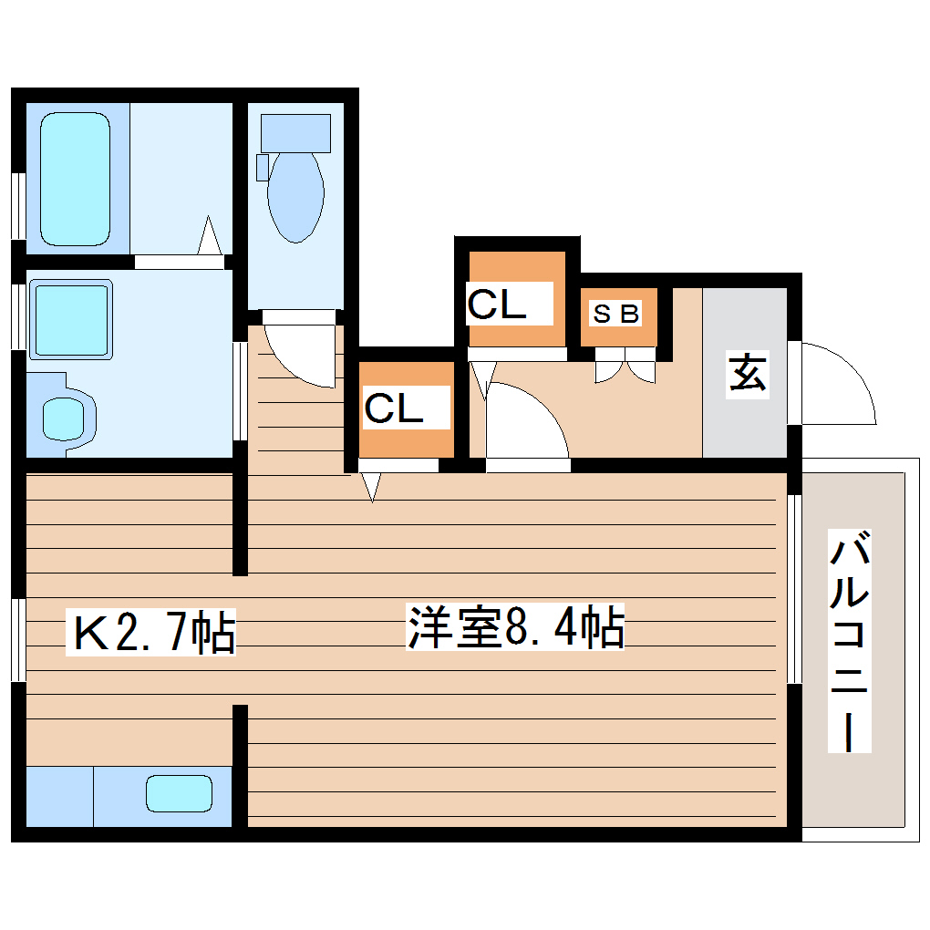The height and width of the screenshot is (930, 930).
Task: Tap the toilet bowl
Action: point(296,196)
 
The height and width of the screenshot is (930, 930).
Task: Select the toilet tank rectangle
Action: point(295,133)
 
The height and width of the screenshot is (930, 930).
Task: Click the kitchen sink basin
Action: point(179,792)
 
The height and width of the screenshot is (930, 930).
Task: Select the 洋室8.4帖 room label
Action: point(515,628)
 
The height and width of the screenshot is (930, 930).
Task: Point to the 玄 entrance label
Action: point(747,375)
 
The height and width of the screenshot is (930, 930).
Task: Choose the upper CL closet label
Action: point(497,305)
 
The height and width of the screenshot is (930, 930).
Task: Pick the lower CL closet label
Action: point(394,408)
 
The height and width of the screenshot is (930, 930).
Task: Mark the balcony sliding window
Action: point(794,588)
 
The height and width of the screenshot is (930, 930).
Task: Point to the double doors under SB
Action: point(625,367)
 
